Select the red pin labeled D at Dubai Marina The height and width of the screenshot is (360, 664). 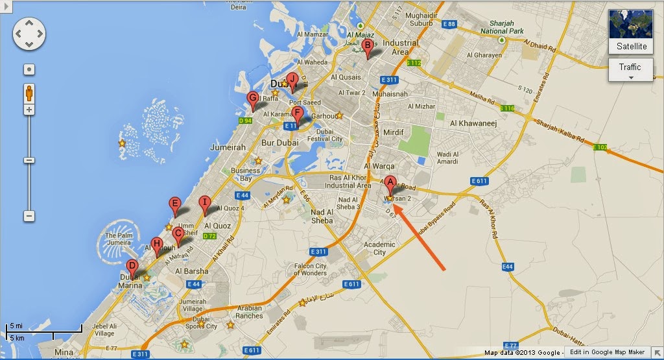(x=132, y=267)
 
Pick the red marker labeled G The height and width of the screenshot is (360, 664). (x=253, y=99)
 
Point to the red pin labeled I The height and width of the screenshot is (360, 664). (x=205, y=203)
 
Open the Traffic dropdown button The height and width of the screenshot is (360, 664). (x=630, y=70)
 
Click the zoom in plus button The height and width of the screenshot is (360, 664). (x=29, y=110)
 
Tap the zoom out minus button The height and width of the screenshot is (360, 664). (x=29, y=215)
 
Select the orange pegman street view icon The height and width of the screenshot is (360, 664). (x=29, y=93)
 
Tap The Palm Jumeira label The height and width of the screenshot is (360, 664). (x=120, y=239)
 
